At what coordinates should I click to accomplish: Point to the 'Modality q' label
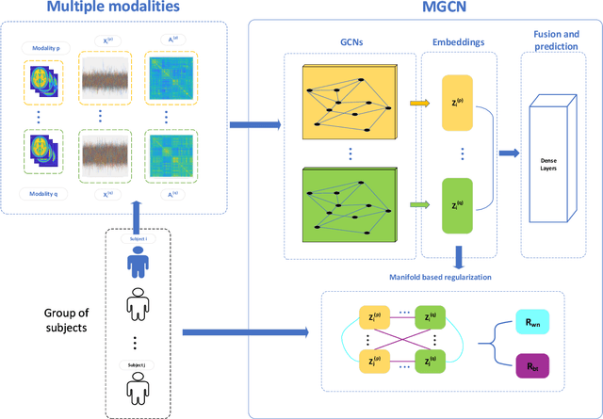point(44,194)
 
